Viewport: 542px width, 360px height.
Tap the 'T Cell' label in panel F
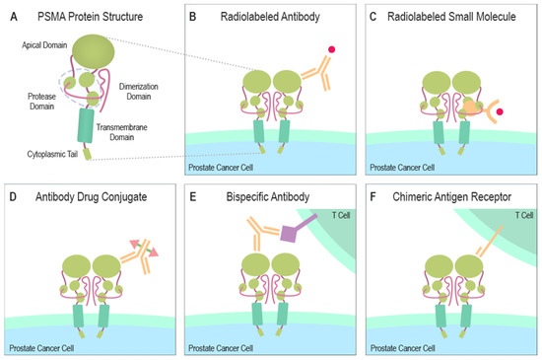point(516,196)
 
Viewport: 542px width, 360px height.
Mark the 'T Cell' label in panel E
point(336,196)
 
